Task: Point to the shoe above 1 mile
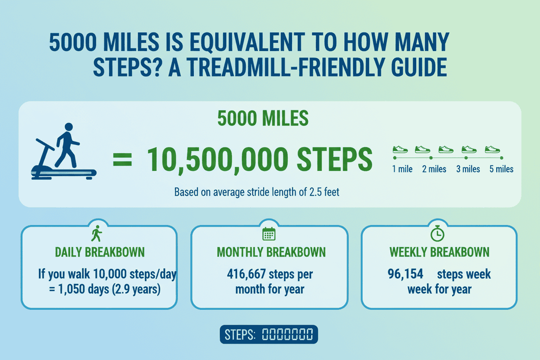pyautogui.click(x=401, y=149)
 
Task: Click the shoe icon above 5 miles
pyautogui.click(x=493, y=149)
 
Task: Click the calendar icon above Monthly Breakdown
pyautogui.click(x=269, y=234)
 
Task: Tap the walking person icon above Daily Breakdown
pyautogui.click(x=96, y=234)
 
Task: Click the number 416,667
pyautogui.click(x=243, y=274)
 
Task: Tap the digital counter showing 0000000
pyautogui.click(x=287, y=335)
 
